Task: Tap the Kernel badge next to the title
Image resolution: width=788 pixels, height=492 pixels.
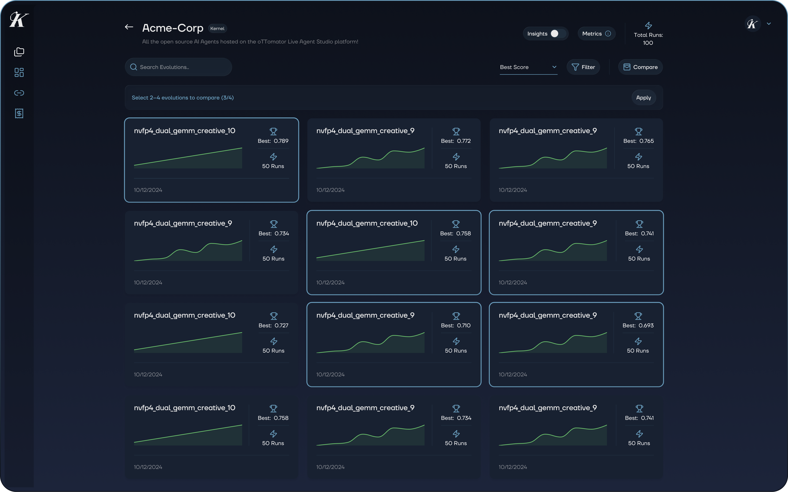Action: pos(217,29)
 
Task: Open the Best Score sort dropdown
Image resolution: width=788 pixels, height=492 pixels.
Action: pos(528,67)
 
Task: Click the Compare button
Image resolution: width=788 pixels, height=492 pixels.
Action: pos(640,67)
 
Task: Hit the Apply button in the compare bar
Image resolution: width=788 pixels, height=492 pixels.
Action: pos(643,98)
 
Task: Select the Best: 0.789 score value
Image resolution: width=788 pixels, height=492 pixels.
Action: pos(273,141)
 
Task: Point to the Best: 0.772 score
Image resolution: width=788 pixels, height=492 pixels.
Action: pos(456,141)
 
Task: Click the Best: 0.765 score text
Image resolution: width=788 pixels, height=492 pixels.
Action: pos(638,141)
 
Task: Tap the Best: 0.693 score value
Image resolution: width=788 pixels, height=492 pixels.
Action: pos(638,325)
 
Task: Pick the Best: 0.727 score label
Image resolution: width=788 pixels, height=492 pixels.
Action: pos(273,325)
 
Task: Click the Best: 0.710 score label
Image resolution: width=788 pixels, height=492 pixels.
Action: pos(456,325)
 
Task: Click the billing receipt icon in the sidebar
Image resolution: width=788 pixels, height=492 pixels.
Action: pos(19,113)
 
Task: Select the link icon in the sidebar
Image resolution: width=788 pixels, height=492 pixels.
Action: pos(19,93)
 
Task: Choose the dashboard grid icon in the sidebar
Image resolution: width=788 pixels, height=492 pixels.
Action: pos(19,72)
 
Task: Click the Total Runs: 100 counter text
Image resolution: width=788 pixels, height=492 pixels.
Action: pos(648,39)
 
